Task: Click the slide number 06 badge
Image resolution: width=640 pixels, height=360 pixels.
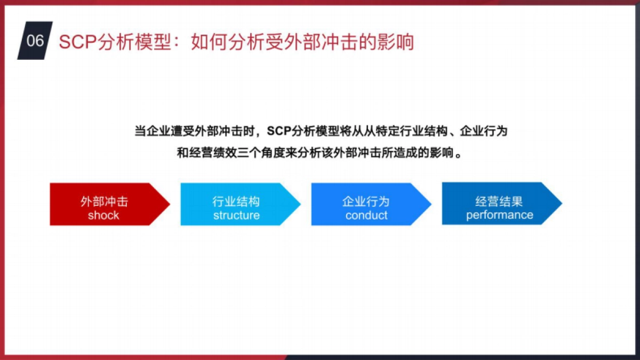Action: pyautogui.click(x=35, y=41)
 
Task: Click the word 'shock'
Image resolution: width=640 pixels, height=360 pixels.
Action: pyautogui.click(x=103, y=215)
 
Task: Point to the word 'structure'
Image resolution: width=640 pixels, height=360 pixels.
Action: pyautogui.click(x=236, y=215)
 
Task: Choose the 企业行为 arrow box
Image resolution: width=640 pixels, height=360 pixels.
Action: pyautogui.click(x=368, y=204)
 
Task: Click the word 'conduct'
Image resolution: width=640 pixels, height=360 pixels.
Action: pyautogui.click(x=366, y=215)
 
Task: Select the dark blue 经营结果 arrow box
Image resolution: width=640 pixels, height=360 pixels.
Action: pyautogui.click(x=499, y=204)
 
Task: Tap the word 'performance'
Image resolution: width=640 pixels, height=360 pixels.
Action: pyautogui.click(x=500, y=215)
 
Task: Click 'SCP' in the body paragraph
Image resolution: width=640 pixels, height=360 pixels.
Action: pyautogui.click(x=280, y=131)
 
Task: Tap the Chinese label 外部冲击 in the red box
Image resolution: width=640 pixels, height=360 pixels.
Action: pyautogui.click(x=104, y=202)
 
